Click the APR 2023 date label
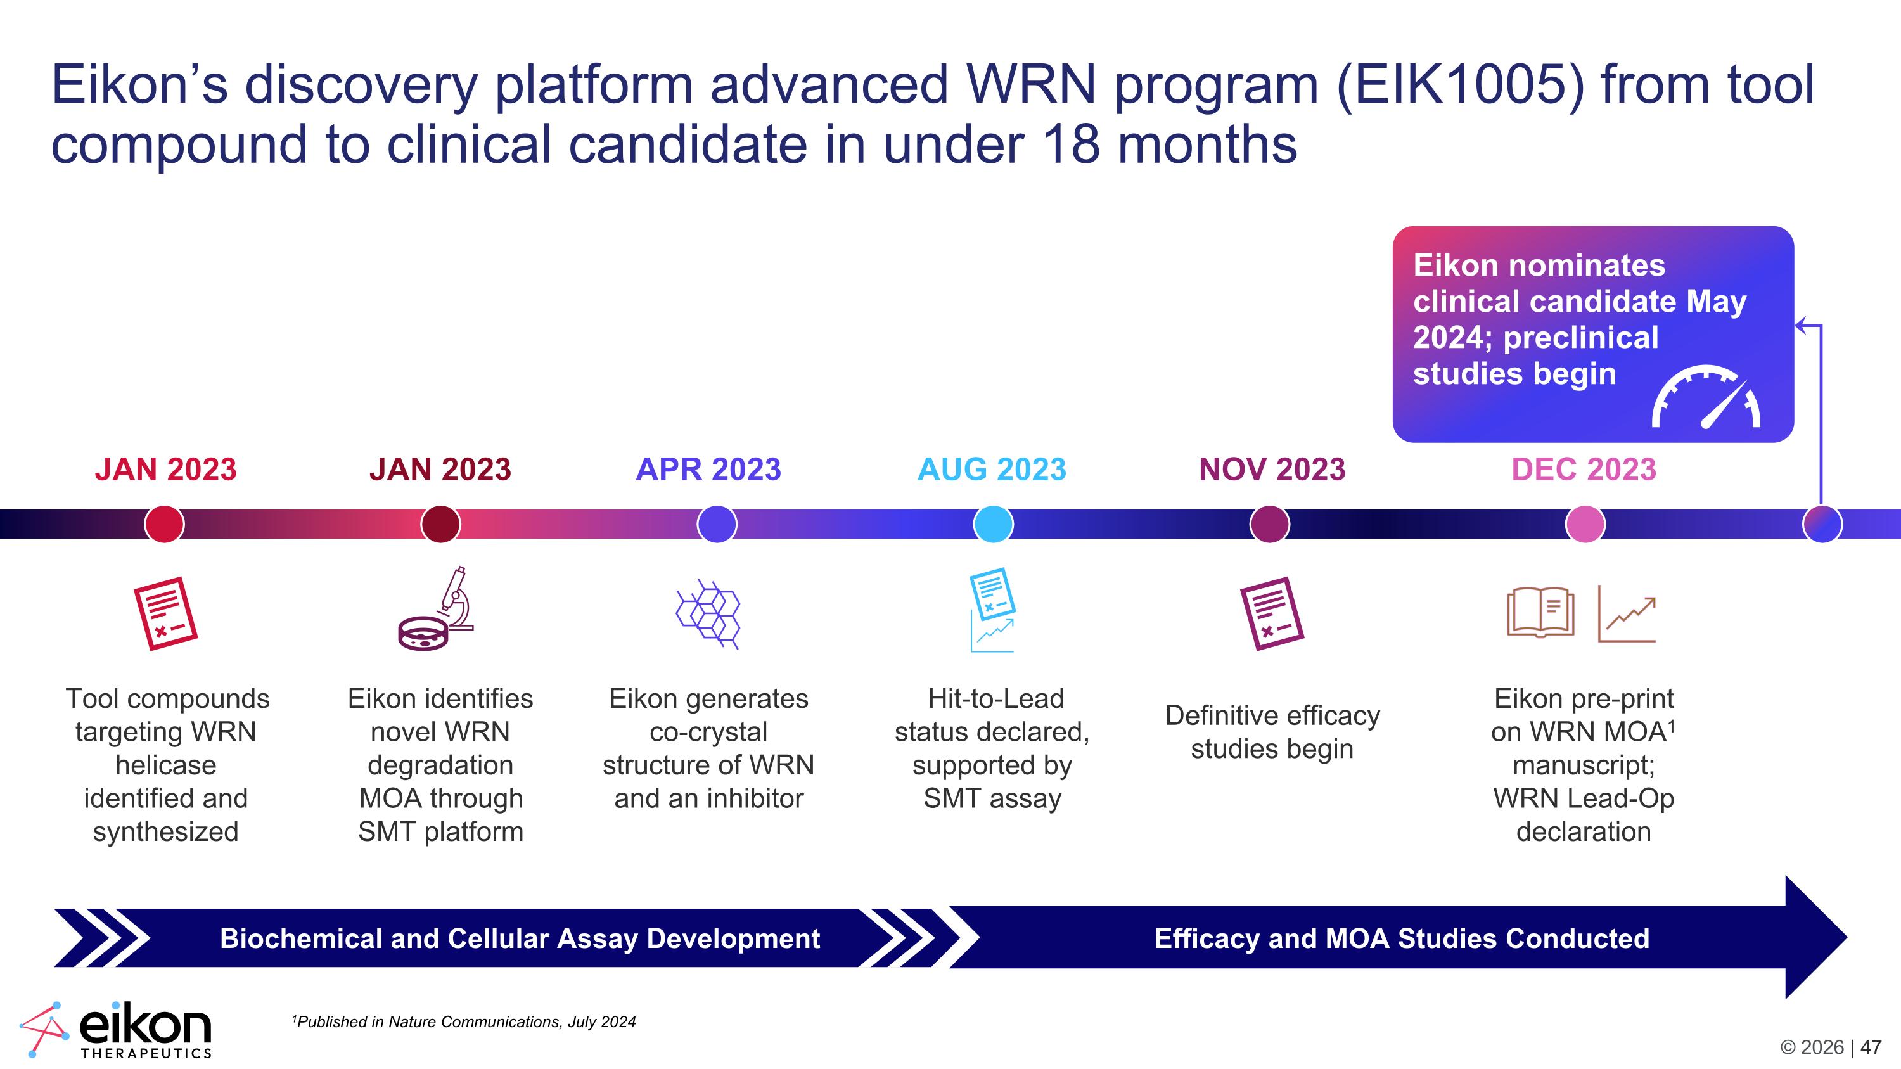(x=708, y=469)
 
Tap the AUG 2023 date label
(x=992, y=469)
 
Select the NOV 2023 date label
(x=1272, y=469)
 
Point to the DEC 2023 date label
(x=1584, y=469)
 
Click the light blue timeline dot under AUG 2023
(x=994, y=524)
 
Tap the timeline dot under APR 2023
(x=717, y=524)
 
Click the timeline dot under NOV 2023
(x=1269, y=524)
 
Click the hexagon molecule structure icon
(x=708, y=614)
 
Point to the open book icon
(x=1540, y=611)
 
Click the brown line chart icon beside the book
(x=1627, y=614)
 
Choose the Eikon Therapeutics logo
(x=116, y=1030)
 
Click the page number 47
(x=1871, y=1047)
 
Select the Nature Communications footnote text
(x=464, y=1021)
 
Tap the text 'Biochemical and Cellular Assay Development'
(x=520, y=938)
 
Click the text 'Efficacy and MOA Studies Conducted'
(x=1402, y=938)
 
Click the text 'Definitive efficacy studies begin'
(x=1272, y=732)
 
